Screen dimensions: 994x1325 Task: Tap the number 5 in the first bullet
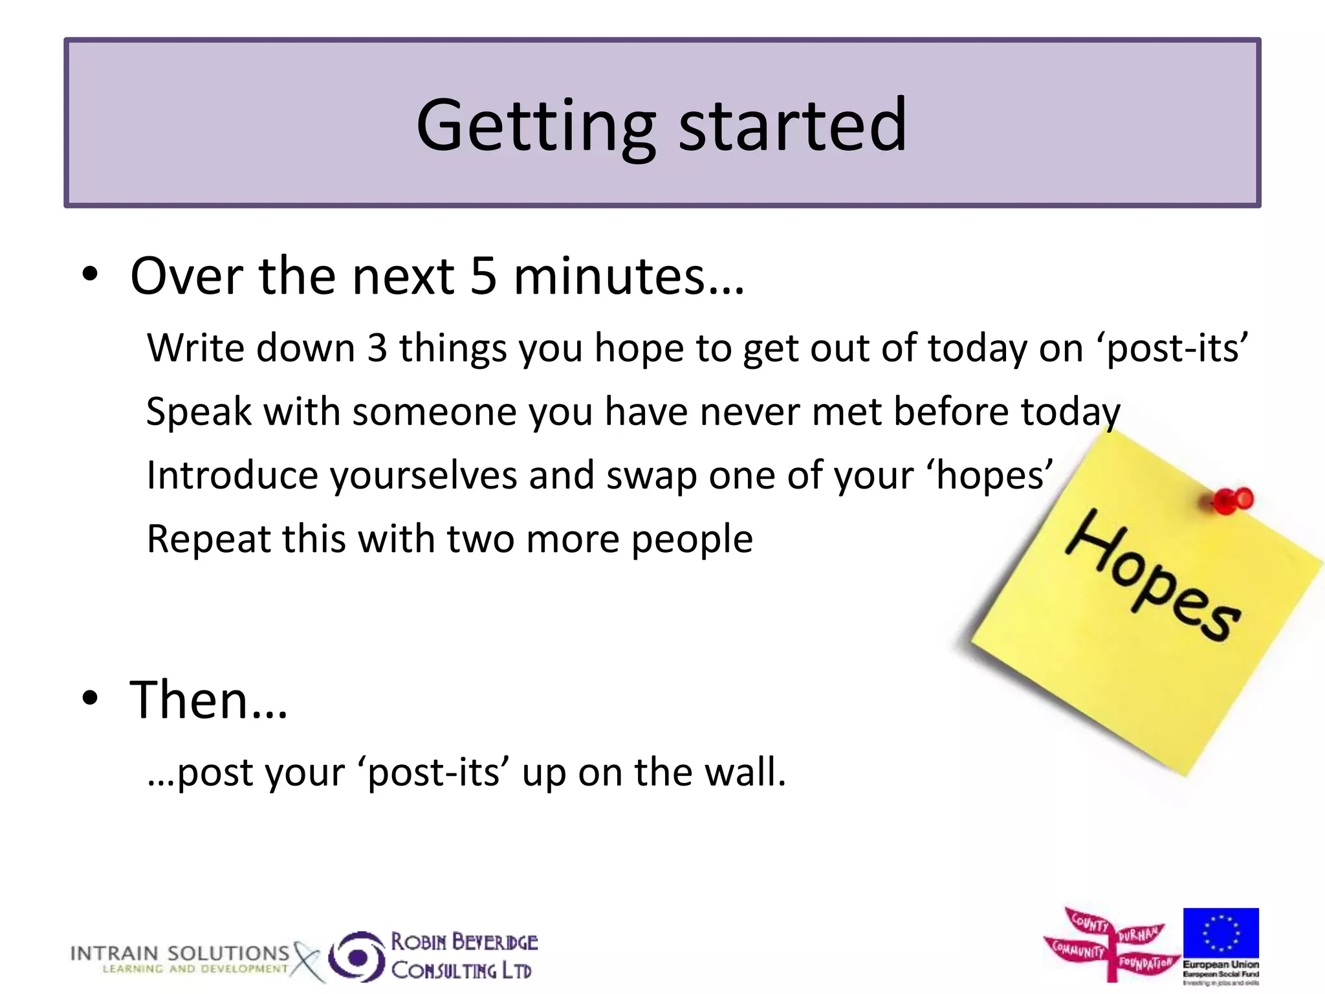tap(483, 276)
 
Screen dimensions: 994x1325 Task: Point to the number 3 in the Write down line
tap(377, 348)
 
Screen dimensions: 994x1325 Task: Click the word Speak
tap(199, 412)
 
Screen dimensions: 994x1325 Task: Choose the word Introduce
tap(232, 475)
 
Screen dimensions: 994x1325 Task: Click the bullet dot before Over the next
tap(90, 274)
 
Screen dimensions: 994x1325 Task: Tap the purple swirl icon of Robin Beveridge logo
tap(357, 956)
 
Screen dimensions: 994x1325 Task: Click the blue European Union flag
tap(1220, 933)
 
